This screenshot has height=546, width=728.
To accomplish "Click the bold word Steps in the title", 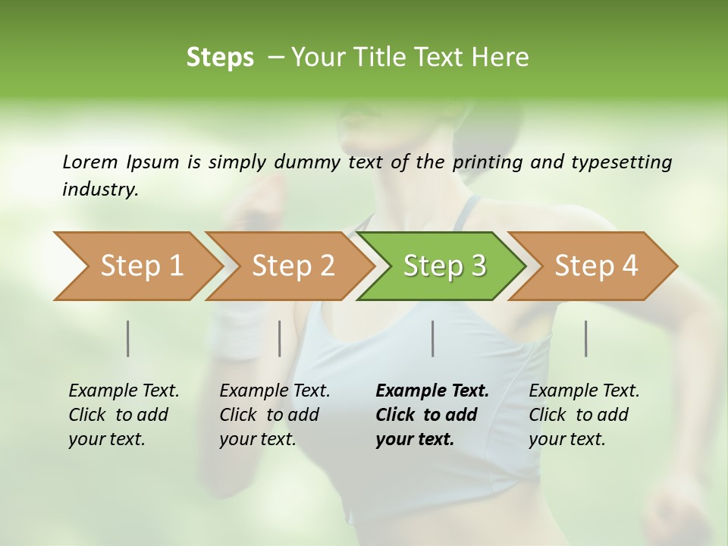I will click(220, 58).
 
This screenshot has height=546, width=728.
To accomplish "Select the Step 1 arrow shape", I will click(136, 266).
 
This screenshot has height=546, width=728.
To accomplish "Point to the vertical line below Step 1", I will click(128, 338).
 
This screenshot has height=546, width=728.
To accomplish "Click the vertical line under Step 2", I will click(280, 338).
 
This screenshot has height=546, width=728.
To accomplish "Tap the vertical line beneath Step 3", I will click(433, 338).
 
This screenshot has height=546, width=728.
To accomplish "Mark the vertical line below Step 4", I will click(586, 338).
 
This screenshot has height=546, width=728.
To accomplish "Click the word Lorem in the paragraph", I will click(89, 162).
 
